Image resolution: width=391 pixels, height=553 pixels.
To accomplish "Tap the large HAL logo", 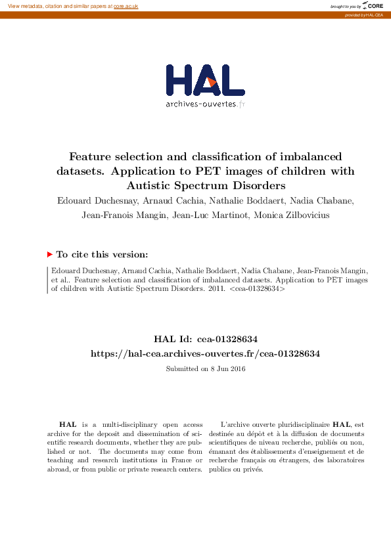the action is (205, 81).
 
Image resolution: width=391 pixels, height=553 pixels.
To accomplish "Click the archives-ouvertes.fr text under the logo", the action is (205, 104).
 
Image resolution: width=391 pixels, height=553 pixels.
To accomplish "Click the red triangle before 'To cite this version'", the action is (49, 254).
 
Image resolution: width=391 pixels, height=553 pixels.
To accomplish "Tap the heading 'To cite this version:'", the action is (102, 254).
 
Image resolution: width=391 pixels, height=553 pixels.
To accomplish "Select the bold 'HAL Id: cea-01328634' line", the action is (205, 339).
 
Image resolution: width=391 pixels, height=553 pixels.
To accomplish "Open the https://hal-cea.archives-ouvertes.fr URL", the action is (205, 353).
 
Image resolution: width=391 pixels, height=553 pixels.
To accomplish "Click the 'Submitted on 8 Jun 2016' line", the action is (205, 368).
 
